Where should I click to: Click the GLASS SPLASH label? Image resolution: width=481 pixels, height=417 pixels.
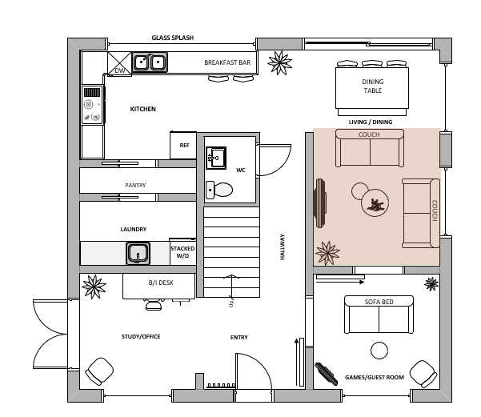pos(172,38)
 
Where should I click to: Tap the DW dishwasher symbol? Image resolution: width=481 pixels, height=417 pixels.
pos(119,63)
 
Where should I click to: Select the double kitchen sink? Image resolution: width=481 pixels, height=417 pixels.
pos(150,62)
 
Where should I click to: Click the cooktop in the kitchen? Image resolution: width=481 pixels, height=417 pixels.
pos(92,105)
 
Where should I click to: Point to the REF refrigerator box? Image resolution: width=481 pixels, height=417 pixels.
pos(183,145)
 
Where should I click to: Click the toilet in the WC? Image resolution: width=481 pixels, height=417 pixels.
pos(219,190)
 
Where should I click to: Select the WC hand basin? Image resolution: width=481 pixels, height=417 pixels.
pos(216,158)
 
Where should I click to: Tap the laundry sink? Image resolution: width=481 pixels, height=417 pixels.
pos(138,254)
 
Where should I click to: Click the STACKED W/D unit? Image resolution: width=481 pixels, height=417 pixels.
pos(182,251)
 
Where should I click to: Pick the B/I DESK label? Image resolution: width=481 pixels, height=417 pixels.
pos(161,283)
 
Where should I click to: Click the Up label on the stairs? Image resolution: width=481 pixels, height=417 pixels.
pos(231,303)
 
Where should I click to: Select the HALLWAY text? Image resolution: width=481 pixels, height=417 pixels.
pos(283,247)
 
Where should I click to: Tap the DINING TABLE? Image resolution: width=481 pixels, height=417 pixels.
pos(372,88)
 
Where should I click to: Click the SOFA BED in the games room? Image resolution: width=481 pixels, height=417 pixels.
pos(379,315)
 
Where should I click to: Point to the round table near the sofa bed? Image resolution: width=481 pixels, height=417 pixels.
pos(379,351)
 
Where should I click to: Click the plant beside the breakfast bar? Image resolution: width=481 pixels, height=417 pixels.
pos(279,62)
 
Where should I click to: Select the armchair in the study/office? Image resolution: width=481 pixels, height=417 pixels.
pos(99,371)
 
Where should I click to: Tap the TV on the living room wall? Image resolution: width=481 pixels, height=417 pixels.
pos(320,203)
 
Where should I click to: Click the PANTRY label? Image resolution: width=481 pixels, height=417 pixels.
pos(135,186)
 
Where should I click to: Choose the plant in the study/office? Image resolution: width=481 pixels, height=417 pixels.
pos(94,287)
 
